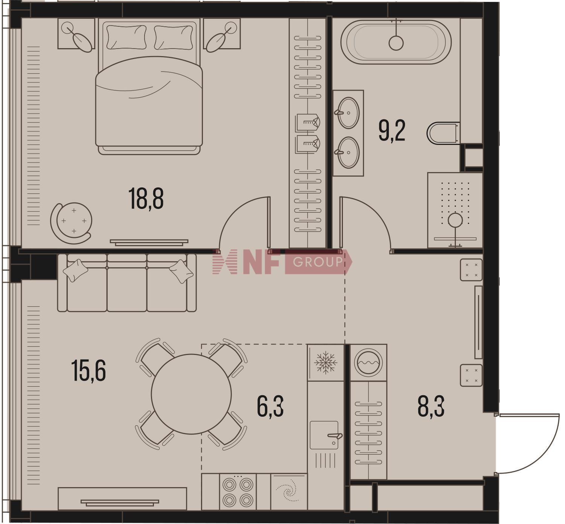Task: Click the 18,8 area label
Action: click(x=146, y=199)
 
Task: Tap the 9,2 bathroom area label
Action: click(x=392, y=131)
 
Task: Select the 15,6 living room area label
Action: click(x=89, y=370)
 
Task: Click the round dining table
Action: click(x=191, y=394)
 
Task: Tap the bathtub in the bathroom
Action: click(x=396, y=42)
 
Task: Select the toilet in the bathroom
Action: click(x=443, y=133)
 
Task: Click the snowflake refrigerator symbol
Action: click(x=325, y=363)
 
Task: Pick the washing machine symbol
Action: click(x=368, y=363)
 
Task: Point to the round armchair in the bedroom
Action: click(x=72, y=223)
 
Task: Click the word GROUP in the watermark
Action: click(x=318, y=262)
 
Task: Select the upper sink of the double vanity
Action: click(x=348, y=113)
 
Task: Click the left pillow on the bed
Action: click(x=126, y=37)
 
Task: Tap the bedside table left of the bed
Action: click(x=76, y=34)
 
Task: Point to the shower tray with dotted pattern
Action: click(x=455, y=210)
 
